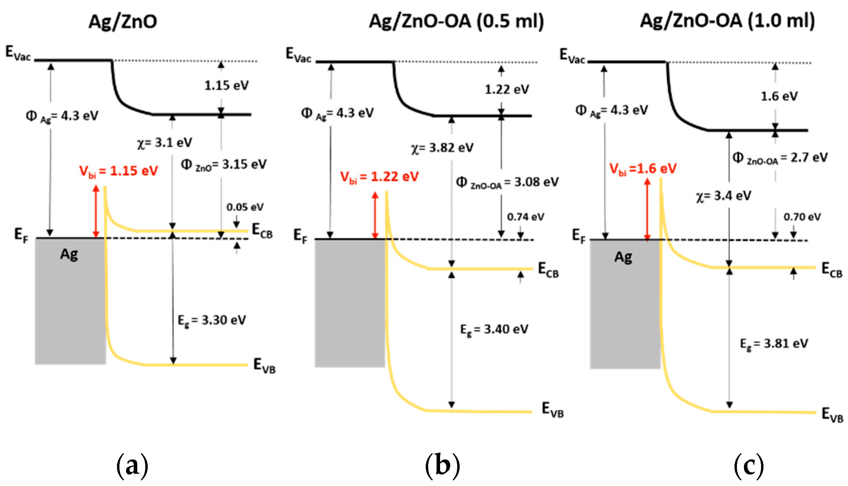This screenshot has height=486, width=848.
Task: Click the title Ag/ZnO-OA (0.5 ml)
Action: pyautogui.click(x=456, y=22)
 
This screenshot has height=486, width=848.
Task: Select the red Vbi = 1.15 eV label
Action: pyautogui.click(x=118, y=171)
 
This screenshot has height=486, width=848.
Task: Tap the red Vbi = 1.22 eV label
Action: pyautogui.click(x=379, y=177)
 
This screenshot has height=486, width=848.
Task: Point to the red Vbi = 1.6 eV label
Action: pyautogui.click(x=643, y=169)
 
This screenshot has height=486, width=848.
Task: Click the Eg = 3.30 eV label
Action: pyautogui.click(x=212, y=320)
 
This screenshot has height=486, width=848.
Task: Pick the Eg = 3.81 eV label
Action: pyautogui.click(x=774, y=344)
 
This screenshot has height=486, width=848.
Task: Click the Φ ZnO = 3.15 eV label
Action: pyautogui.click(x=224, y=165)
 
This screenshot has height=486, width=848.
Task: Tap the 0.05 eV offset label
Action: pyautogui.click(x=245, y=207)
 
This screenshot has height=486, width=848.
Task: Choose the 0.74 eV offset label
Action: pyautogui.click(x=525, y=217)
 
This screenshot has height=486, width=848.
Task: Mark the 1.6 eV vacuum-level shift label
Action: pyautogui.click(x=779, y=96)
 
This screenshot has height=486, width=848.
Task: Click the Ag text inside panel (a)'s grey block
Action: pyautogui.click(x=69, y=255)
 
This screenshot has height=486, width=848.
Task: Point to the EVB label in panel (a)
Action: pyautogui.click(x=264, y=365)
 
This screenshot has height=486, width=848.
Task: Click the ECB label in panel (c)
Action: pyautogui.click(x=832, y=270)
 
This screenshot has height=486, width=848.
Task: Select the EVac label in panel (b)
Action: pyautogui.click(x=298, y=55)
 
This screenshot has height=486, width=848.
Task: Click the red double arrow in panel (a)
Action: pyautogui.click(x=96, y=212)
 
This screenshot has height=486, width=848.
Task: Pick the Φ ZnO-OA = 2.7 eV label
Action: pyautogui.click(x=780, y=158)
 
